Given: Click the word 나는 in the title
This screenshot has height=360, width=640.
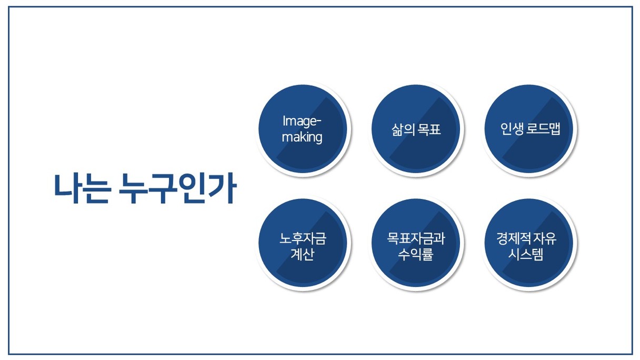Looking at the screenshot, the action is [x=82, y=188].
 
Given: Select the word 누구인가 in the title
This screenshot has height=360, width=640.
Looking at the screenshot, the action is [x=178, y=188].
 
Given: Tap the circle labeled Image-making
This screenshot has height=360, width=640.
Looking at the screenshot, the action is [x=303, y=129].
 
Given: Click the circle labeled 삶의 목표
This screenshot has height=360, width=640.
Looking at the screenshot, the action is [x=416, y=129].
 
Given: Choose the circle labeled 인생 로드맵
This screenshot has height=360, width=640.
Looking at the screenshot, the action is [x=529, y=129].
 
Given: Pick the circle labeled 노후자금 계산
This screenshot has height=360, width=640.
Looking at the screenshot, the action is [x=303, y=243].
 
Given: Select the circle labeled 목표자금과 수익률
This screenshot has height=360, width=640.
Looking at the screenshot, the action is [x=416, y=243].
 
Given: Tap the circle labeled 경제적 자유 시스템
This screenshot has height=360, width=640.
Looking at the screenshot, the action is [x=529, y=243].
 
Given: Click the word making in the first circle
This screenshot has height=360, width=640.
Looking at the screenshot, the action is [x=302, y=137].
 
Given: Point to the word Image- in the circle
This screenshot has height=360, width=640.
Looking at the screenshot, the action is [x=302, y=122].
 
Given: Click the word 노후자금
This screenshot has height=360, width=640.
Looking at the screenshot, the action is [x=303, y=238].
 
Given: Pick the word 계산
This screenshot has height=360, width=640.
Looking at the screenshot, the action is [x=303, y=254].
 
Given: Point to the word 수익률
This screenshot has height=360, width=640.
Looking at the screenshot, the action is [x=416, y=254].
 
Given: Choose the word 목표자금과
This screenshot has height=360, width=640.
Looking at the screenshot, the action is [x=416, y=238].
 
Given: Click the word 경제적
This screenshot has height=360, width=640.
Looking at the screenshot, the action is [x=514, y=238].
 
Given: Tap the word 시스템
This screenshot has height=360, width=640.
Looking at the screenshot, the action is [x=526, y=254].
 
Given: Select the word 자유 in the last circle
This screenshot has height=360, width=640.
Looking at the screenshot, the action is [x=545, y=238].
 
